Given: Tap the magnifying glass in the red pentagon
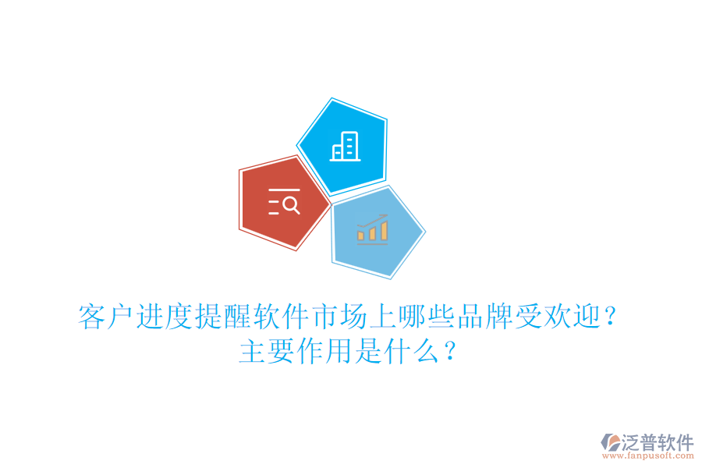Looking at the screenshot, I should coord(291,205).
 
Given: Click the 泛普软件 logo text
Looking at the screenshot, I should coord(657,442).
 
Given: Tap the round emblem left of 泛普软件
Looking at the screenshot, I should coord(610,444).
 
